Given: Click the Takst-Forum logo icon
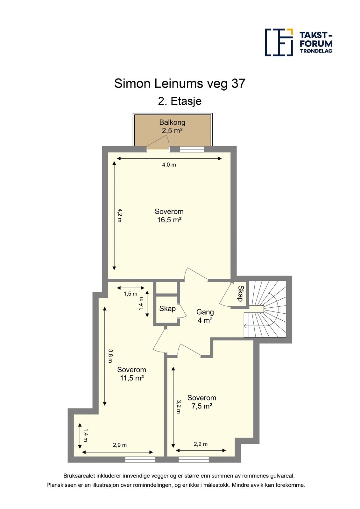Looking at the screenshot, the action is tap(279, 42).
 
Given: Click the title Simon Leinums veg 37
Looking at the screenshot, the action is tap(180, 83).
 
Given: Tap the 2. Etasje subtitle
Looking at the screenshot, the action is tap(180, 101).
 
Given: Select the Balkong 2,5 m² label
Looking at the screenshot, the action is tap(172, 126).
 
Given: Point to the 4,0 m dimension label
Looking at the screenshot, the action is tap(169, 165).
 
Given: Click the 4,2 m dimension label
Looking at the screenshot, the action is tap(120, 215).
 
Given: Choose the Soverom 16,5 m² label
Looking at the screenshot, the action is tap(169, 216).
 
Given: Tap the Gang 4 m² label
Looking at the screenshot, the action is tap(205, 316).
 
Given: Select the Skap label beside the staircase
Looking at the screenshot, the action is tap(240, 293).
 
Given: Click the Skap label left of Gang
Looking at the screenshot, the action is tap(167, 309).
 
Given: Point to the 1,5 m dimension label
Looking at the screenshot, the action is tap(131, 294).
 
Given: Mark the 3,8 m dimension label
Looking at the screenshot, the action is tap(110, 356).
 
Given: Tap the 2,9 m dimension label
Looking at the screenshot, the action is tap(120, 445).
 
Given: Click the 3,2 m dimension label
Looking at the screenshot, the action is tap(179, 407).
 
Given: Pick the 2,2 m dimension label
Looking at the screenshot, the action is tap(201, 444).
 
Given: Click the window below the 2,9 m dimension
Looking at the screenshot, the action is tap(140, 459).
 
